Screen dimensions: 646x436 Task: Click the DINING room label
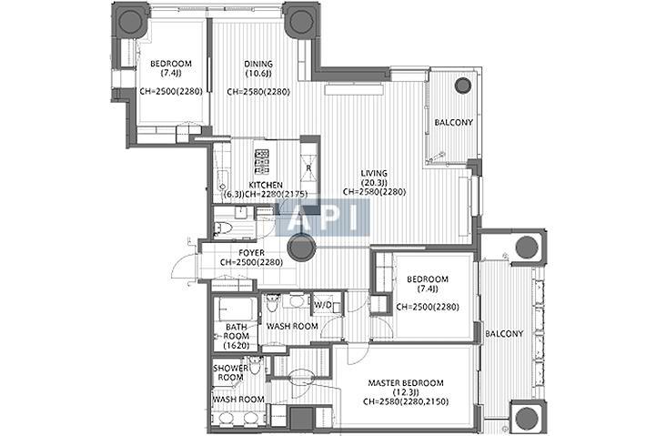[x=258, y=64]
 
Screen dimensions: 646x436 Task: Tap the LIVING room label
[x=374, y=173]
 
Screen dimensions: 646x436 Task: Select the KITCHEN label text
[x=266, y=185]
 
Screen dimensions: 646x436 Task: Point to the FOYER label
[x=251, y=253]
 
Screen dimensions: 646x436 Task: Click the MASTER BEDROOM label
[x=406, y=383]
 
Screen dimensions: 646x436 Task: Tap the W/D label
[x=323, y=305]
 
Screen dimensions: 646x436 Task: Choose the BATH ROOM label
[x=237, y=331]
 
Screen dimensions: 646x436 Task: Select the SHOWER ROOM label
[x=231, y=372]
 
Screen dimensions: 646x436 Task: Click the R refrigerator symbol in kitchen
[x=309, y=168]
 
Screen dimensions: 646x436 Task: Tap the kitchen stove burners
[x=262, y=161]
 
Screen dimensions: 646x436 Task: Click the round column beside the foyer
[x=301, y=248]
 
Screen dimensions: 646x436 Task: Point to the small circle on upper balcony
[x=463, y=86]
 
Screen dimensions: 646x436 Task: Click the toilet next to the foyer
[x=223, y=228]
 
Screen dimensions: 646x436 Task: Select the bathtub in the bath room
[x=236, y=309]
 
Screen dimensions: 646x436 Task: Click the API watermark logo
[x=322, y=218]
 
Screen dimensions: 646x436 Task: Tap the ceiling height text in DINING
[x=258, y=92]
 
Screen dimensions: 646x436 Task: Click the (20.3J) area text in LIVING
[x=374, y=183]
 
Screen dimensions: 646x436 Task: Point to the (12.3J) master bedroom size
[x=406, y=392]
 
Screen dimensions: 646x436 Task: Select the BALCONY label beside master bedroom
[x=504, y=334]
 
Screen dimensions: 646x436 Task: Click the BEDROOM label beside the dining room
[x=171, y=64]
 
